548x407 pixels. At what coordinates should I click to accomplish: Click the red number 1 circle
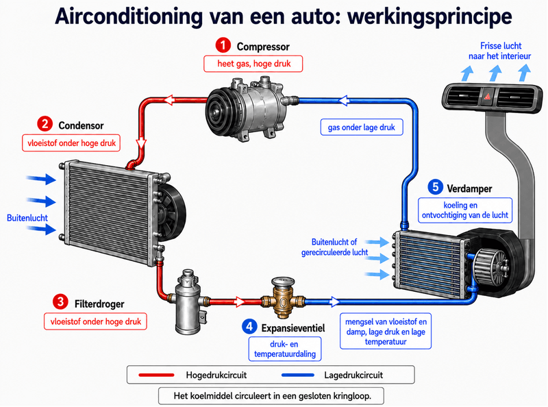coord(223,45)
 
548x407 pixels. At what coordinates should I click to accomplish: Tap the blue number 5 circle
coord(435,187)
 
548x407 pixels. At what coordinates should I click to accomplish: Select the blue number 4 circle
coord(249,327)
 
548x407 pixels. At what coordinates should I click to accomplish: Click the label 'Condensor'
coord(81,125)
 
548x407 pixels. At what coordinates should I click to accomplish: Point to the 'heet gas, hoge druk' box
coord(253,64)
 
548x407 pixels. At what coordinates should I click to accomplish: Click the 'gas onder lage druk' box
coord(362,127)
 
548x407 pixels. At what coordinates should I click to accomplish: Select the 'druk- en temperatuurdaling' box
coord(285,349)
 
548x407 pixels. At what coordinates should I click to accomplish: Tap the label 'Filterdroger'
coord(99,304)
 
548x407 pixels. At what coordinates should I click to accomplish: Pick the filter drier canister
coord(188,301)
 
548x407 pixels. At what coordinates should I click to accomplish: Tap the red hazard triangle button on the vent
coord(487,95)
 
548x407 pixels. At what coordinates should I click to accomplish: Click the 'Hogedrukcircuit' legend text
coord(216,375)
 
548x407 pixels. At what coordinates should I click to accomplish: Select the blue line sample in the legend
coord(298,375)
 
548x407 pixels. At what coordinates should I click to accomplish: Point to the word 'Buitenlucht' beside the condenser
coord(27,218)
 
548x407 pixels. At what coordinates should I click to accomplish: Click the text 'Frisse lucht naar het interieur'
coord(500,51)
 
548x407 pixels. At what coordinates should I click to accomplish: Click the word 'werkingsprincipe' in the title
coord(429,16)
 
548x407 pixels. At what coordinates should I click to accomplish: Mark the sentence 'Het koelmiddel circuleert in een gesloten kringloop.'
coord(272,396)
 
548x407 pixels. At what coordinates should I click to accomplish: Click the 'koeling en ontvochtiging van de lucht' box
coord(465,210)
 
